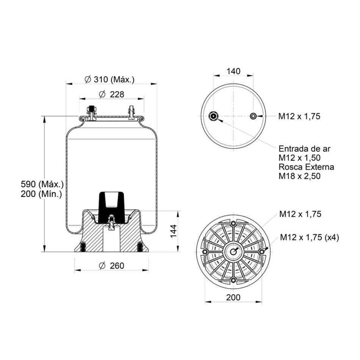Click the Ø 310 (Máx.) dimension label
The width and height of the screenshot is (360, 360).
coord(109,80)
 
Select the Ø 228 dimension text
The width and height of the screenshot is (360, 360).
coord(111,94)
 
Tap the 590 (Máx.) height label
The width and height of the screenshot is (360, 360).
coord(42,184)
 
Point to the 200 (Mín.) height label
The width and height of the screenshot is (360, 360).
coord(41,194)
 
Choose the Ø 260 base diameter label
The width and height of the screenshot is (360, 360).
coord(111,266)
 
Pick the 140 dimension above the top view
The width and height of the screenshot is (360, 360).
coord(233,71)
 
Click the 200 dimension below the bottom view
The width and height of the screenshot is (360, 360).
coord(233,297)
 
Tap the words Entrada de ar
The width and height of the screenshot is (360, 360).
coord(304,149)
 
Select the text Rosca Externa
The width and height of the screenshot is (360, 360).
coord(306,167)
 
